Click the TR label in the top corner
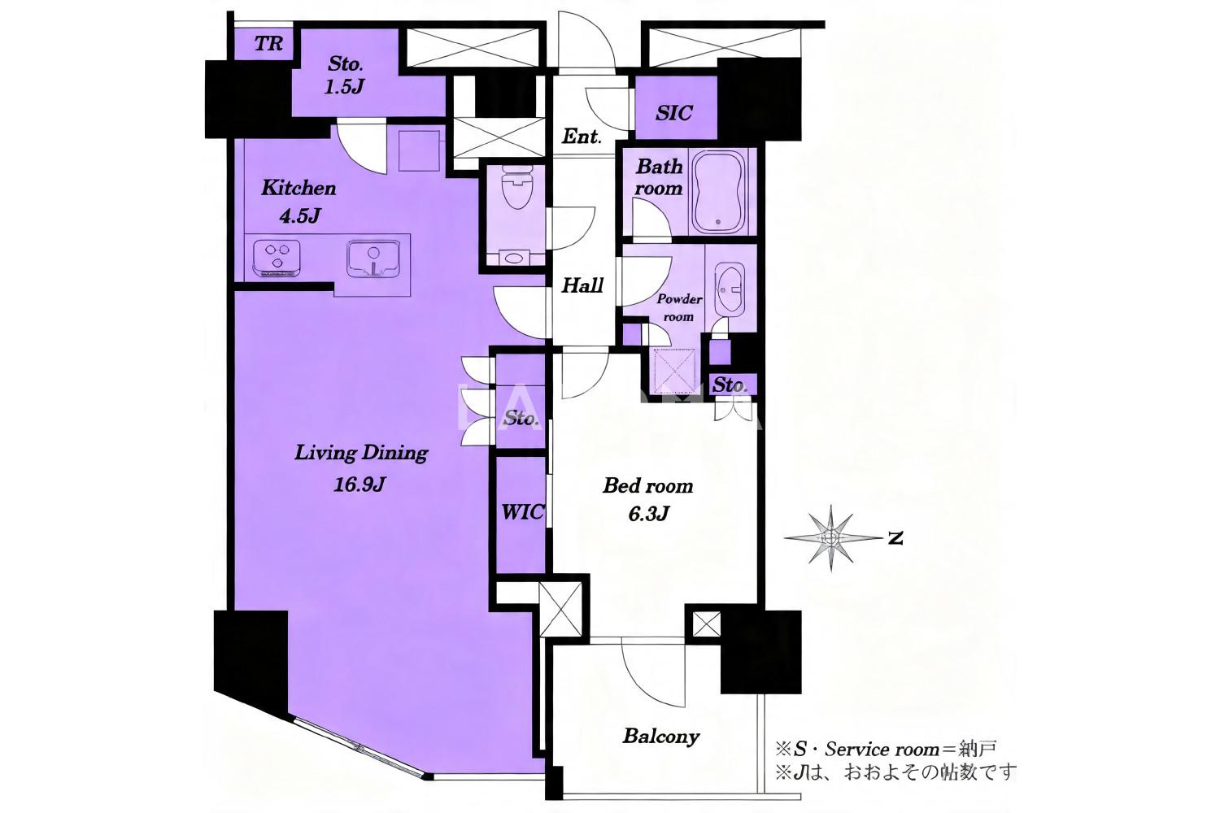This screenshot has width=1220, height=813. (268, 44)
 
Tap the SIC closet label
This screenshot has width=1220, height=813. (673, 113)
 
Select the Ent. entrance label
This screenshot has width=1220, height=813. (582, 136)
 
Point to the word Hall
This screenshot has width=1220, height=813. (582, 285)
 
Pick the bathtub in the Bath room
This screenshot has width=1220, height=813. (718, 190)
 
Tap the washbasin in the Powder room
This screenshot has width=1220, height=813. (728, 289)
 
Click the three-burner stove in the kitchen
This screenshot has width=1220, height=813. (277, 258)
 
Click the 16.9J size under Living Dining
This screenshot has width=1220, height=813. (359, 484)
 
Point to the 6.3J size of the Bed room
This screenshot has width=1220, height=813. (648, 514)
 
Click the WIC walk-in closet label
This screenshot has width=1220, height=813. (522, 512)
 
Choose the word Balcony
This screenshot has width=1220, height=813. (660, 737)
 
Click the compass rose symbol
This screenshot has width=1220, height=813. (831, 538)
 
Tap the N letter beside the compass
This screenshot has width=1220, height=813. (895, 538)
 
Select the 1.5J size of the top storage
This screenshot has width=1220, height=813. (344, 86)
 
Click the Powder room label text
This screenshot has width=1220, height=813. (679, 307)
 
